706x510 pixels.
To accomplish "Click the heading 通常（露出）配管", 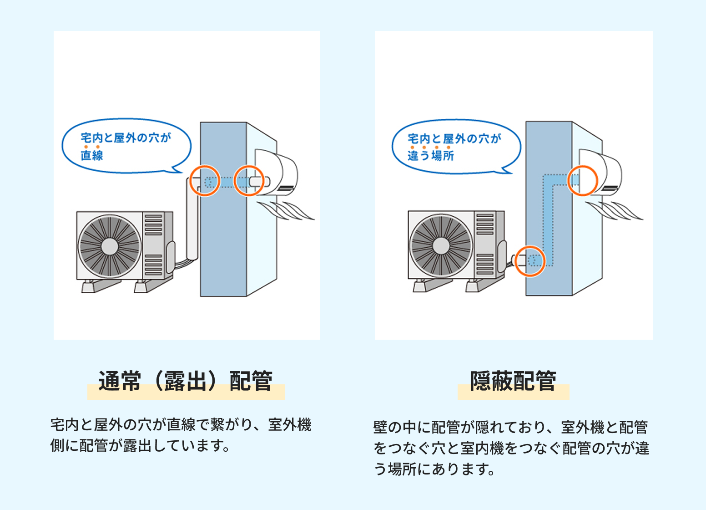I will tap(186, 382).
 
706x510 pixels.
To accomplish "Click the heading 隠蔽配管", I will tap(513, 382).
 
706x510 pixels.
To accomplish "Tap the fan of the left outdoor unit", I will tap(110, 246).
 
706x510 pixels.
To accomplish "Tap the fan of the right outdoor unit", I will tap(441, 245).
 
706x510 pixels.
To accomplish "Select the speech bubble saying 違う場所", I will tap(455, 146).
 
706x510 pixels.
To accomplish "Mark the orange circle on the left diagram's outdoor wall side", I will tap(205, 181).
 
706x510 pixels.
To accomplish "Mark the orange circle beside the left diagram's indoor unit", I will tap(249, 181).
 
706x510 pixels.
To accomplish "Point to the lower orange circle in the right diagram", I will tap(530, 261).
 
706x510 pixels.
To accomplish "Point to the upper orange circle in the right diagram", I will tap(583, 180).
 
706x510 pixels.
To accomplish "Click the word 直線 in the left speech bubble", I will tap(92, 155).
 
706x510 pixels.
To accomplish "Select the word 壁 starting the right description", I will tap(380, 428).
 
